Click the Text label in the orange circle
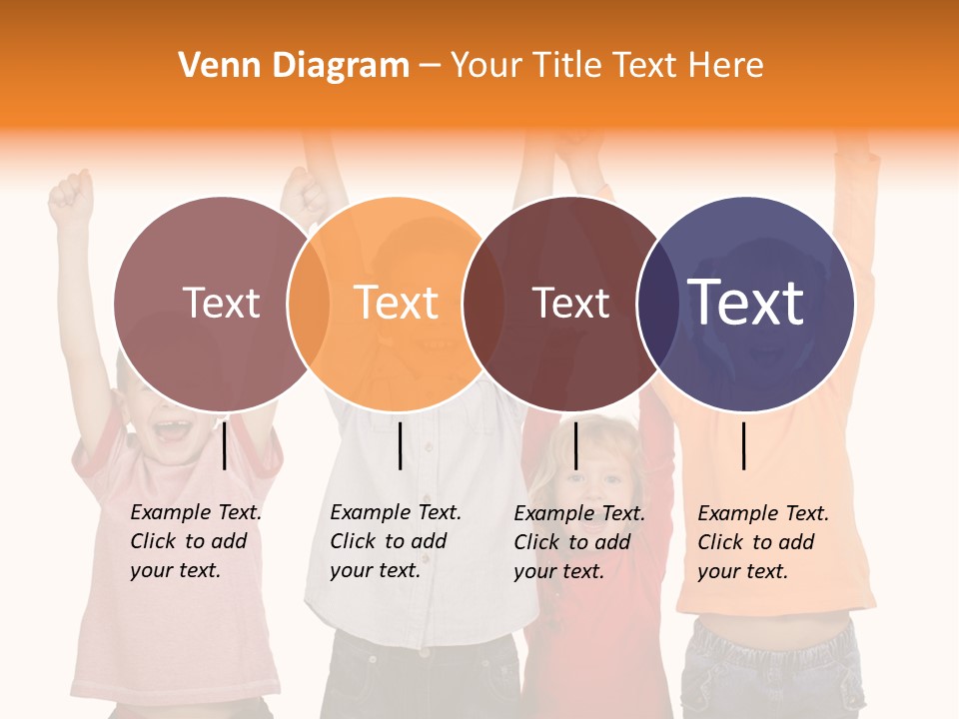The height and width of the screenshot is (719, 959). pos(397,303)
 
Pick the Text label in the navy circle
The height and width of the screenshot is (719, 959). pos(746,303)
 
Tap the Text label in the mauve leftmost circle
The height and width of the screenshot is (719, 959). pos(222,303)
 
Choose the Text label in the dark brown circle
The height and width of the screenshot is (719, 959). pos(570,303)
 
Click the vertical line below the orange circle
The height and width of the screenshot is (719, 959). pos(400,445)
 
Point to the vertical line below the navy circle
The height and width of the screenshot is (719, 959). pos(744,445)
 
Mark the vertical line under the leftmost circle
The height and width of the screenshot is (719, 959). pos(225,445)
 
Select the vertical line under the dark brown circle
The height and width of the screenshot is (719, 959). pos(575,445)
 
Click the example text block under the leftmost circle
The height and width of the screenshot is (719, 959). pos(195,541)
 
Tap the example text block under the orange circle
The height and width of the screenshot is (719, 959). pos(395,541)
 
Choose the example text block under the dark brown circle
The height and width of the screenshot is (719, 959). pos(578,542)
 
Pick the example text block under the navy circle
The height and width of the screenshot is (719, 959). pos(762,542)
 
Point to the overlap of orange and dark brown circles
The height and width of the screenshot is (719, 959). pos(475,303)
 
